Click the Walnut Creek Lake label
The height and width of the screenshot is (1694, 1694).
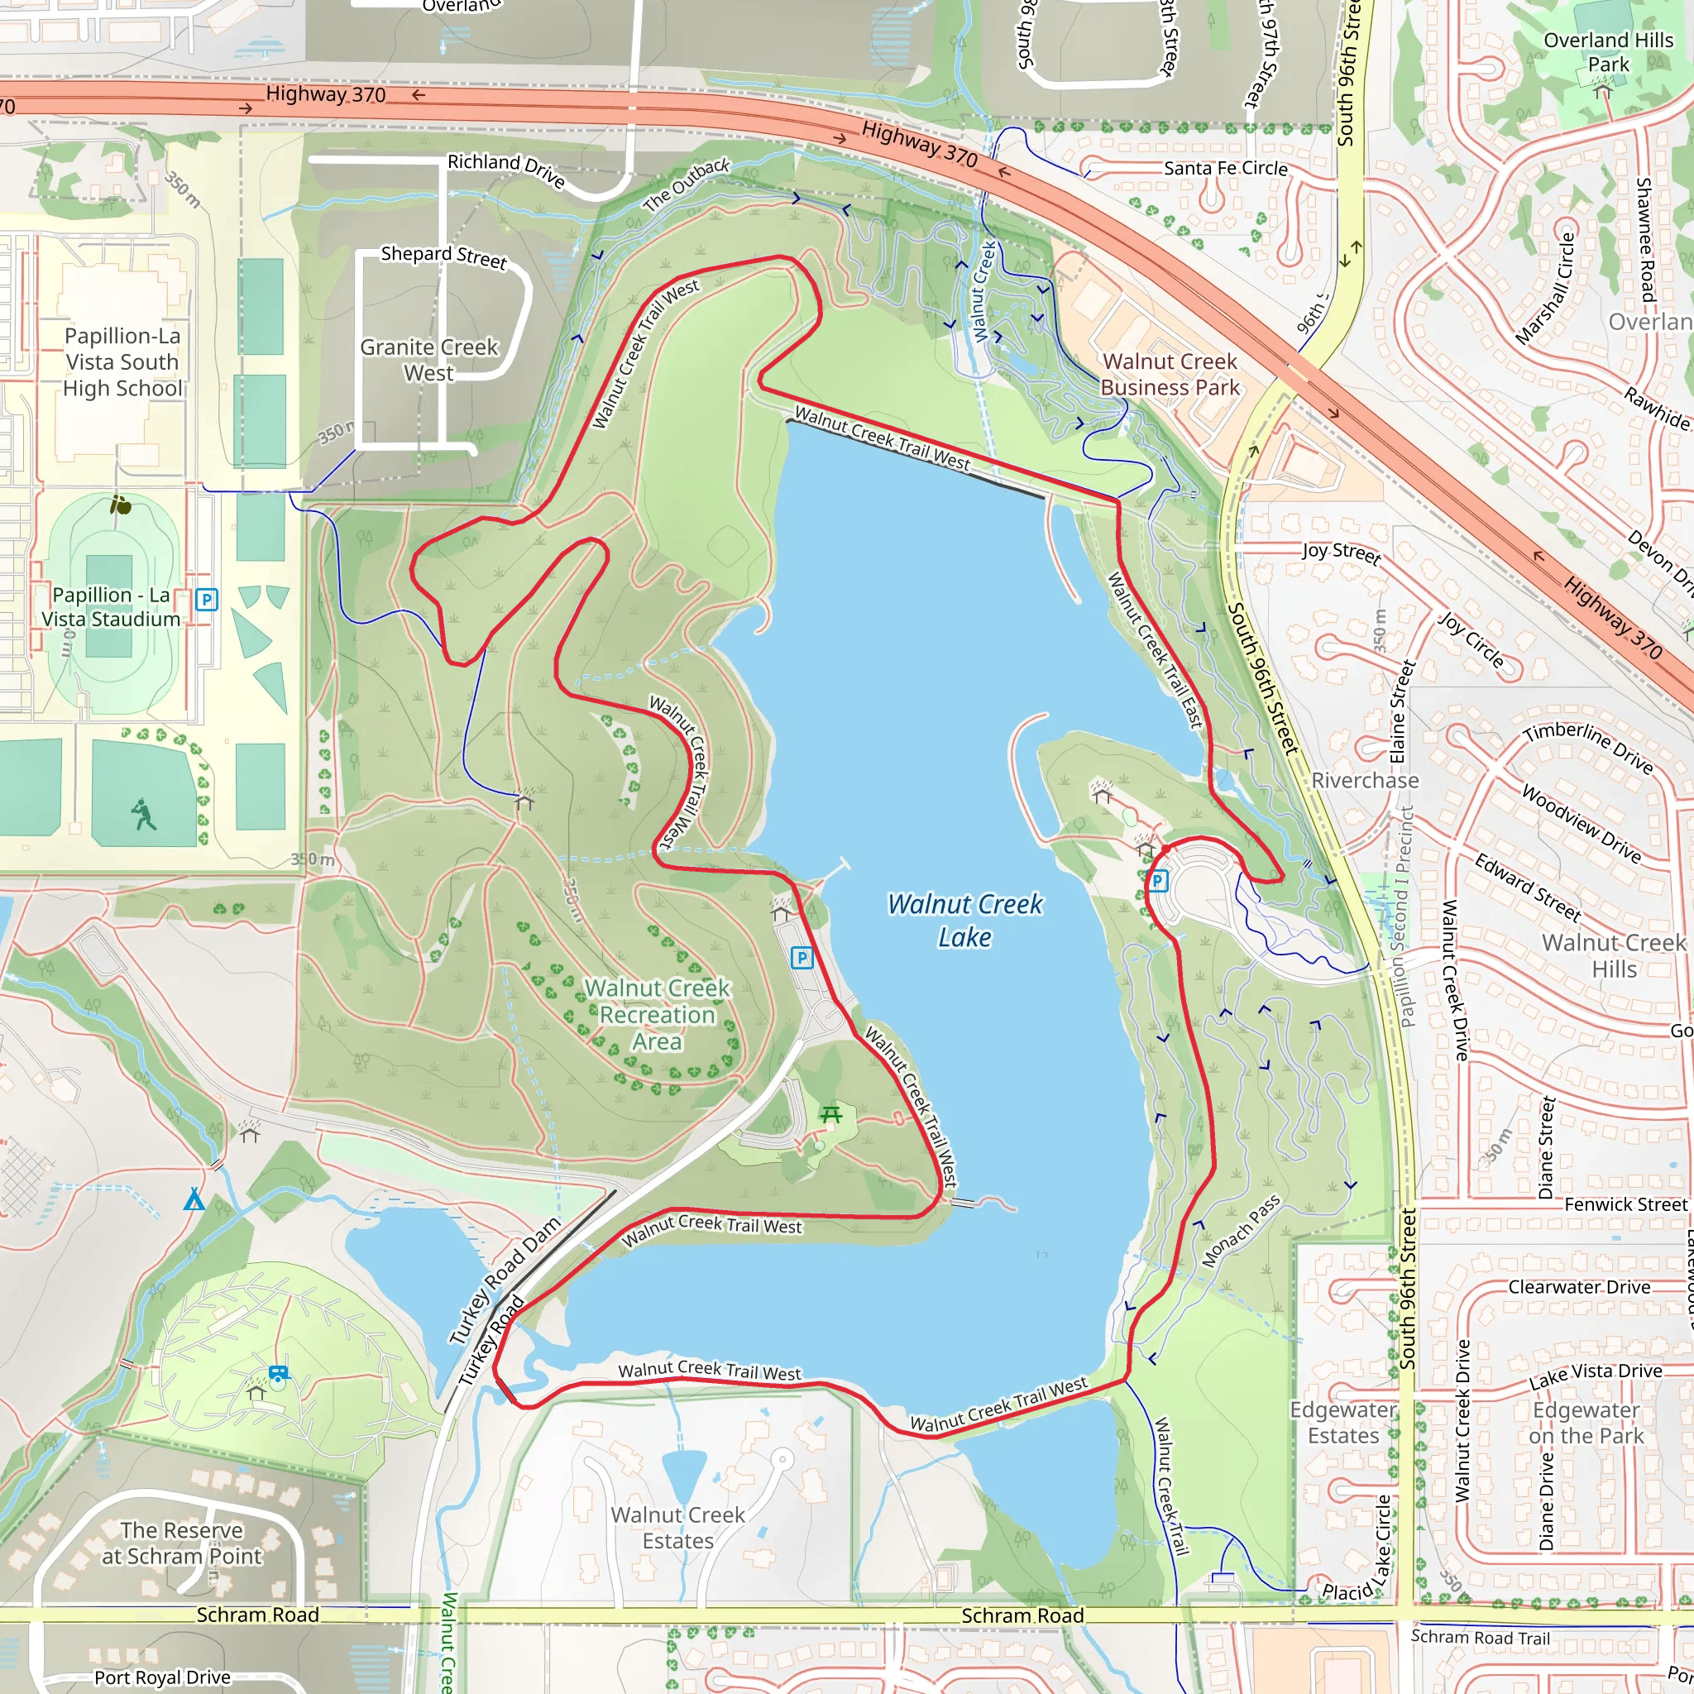pyautogui.click(x=964, y=921)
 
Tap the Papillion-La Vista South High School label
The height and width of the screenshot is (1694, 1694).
pyautogui.click(x=122, y=362)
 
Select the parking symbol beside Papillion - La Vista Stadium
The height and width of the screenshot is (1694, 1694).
pyautogui.click(x=206, y=600)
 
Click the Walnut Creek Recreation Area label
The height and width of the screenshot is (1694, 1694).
pyautogui.click(x=658, y=1014)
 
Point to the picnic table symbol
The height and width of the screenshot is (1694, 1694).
pyautogui.click(x=830, y=1114)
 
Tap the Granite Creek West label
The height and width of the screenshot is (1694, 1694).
pyautogui.click(x=428, y=361)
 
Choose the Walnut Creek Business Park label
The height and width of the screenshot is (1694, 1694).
pyautogui.click(x=1170, y=375)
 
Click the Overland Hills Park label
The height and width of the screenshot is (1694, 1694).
pyautogui.click(x=1608, y=53)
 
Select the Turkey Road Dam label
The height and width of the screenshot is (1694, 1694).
pyautogui.click(x=505, y=1281)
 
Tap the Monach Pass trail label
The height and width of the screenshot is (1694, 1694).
pyautogui.click(x=1241, y=1231)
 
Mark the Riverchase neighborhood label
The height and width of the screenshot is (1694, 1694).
pyautogui.click(x=1364, y=780)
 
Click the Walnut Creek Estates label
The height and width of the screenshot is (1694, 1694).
pyautogui.click(x=677, y=1528)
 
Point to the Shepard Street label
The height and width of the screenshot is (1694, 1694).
pyautogui.click(x=443, y=256)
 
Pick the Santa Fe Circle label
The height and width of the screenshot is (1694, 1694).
pyautogui.click(x=1226, y=169)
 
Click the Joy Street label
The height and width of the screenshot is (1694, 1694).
pyautogui.click(x=1341, y=553)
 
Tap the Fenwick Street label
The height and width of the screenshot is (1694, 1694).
pyautogui.click(x=1625, y=1204)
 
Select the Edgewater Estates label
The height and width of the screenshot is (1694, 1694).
pyautogui.click(x=1343, y=1422)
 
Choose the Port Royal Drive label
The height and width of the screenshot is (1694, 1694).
pyautogui.click(x=162, y=1677)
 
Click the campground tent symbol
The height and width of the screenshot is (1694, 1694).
pyautogui.click(x=194, y=1199)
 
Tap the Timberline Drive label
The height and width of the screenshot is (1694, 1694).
pyautogui.click(x=1588, y=747)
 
